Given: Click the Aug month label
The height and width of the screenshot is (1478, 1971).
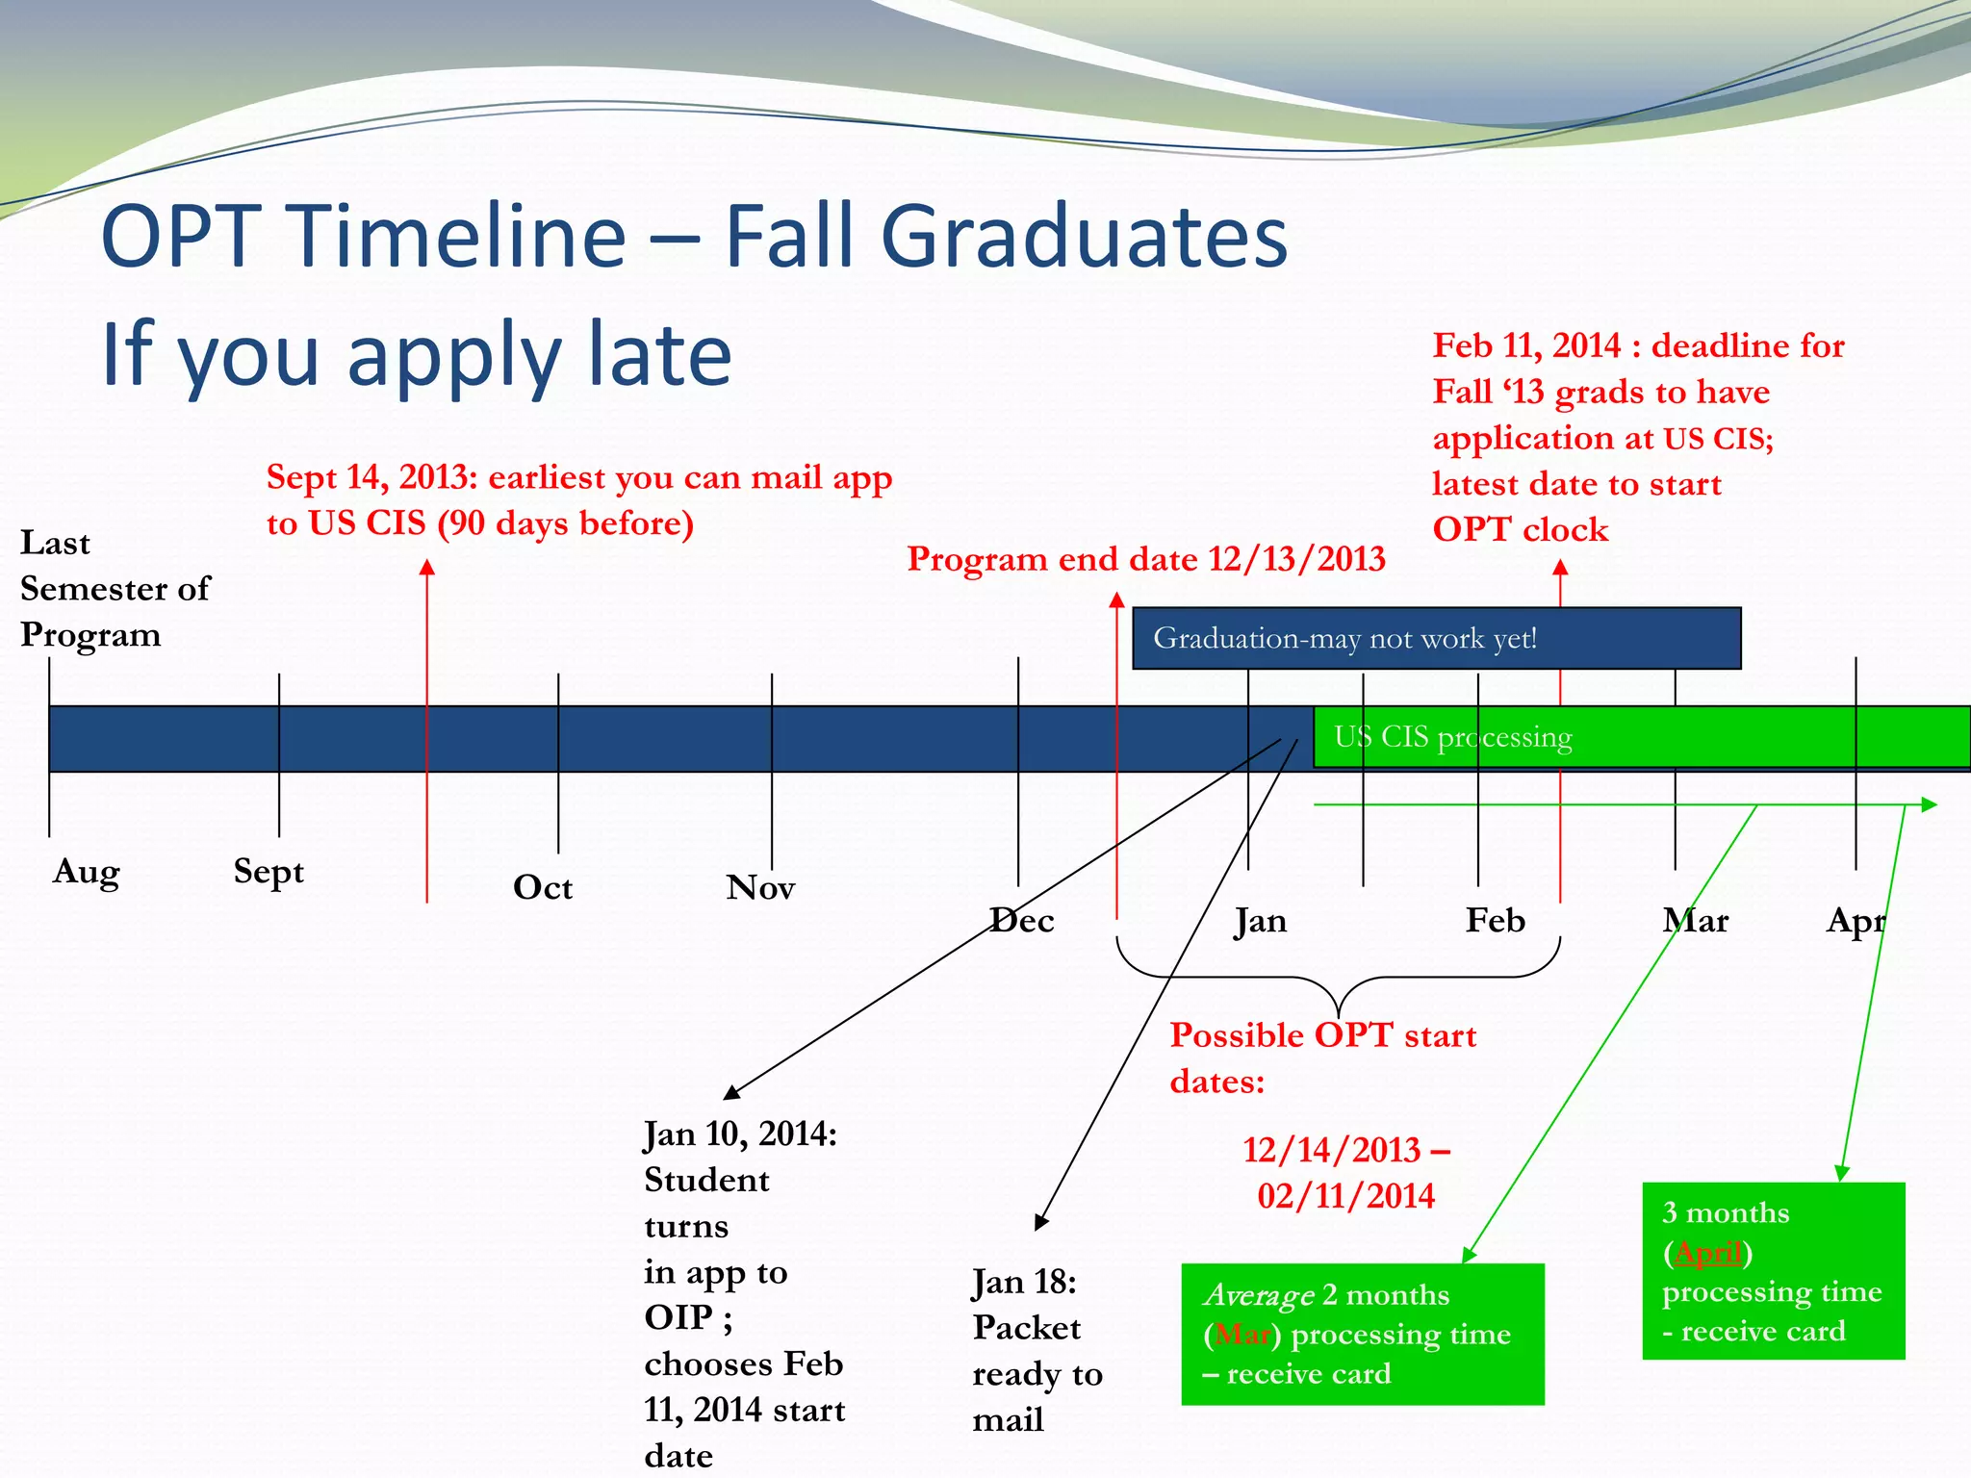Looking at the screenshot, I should click(x=86, y=872).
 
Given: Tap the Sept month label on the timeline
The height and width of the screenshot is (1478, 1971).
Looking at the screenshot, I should click(x=269, y=872).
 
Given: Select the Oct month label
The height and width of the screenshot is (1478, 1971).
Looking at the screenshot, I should click(x=542, y=887).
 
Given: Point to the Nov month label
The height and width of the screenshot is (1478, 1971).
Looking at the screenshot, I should click(x=760, y=887).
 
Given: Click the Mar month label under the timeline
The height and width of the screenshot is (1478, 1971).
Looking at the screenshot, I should click(x=1695, y=921).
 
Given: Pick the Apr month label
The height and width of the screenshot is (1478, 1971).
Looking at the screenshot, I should click(x=1856, y=921).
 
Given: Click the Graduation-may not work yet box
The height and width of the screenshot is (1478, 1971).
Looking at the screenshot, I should click(x=1436, y=638).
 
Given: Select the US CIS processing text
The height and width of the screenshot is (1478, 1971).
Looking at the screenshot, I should click(x=1452, y=737).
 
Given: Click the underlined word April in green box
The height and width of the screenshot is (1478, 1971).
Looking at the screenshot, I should click(x=1708, y=1253).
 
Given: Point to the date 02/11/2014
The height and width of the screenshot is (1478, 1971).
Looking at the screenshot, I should click(x=1345, y=1196).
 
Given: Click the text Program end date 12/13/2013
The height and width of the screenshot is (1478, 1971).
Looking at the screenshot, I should click(x=1145, y=559).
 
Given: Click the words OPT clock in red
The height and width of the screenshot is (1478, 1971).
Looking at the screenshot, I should click(x=1520, y=529).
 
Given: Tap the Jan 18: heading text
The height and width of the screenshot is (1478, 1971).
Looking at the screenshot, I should click(x=1024, y=1283).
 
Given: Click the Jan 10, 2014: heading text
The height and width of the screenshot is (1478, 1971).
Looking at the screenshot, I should click(x=740, y=1134).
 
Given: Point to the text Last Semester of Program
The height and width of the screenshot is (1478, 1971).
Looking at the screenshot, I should click(x=114, y=588).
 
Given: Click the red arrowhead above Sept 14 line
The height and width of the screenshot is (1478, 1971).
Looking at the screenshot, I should click(x=427, y=568).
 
